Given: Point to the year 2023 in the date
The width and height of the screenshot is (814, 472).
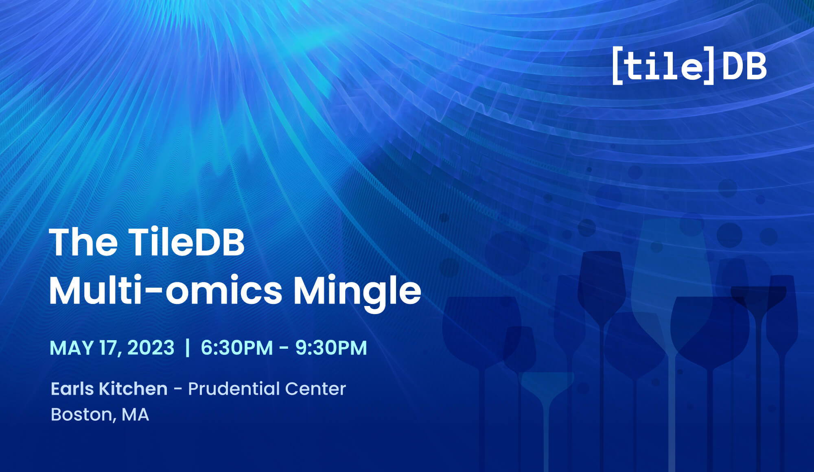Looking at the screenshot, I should tap(151, 348).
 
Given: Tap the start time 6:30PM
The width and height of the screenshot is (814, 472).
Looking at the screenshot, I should tap(237, 348).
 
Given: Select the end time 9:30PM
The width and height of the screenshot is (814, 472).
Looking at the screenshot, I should tap(331, 348).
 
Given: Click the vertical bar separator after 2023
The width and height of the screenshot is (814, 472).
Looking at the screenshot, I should tap(187, 348).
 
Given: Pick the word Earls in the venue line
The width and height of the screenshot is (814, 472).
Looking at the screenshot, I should tap(72, 389).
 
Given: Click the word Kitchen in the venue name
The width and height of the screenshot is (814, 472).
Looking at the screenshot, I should tap(133, 389).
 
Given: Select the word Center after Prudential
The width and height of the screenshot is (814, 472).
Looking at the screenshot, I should tap(315, 389).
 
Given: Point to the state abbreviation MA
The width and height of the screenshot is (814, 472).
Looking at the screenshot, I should tap(135, 415).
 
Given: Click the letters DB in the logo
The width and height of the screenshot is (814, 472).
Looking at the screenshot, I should tap(744, 66).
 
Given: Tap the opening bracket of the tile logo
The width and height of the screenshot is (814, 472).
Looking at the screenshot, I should tap(617, 66).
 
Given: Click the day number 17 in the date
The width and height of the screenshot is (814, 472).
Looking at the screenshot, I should tap(109, 348).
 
